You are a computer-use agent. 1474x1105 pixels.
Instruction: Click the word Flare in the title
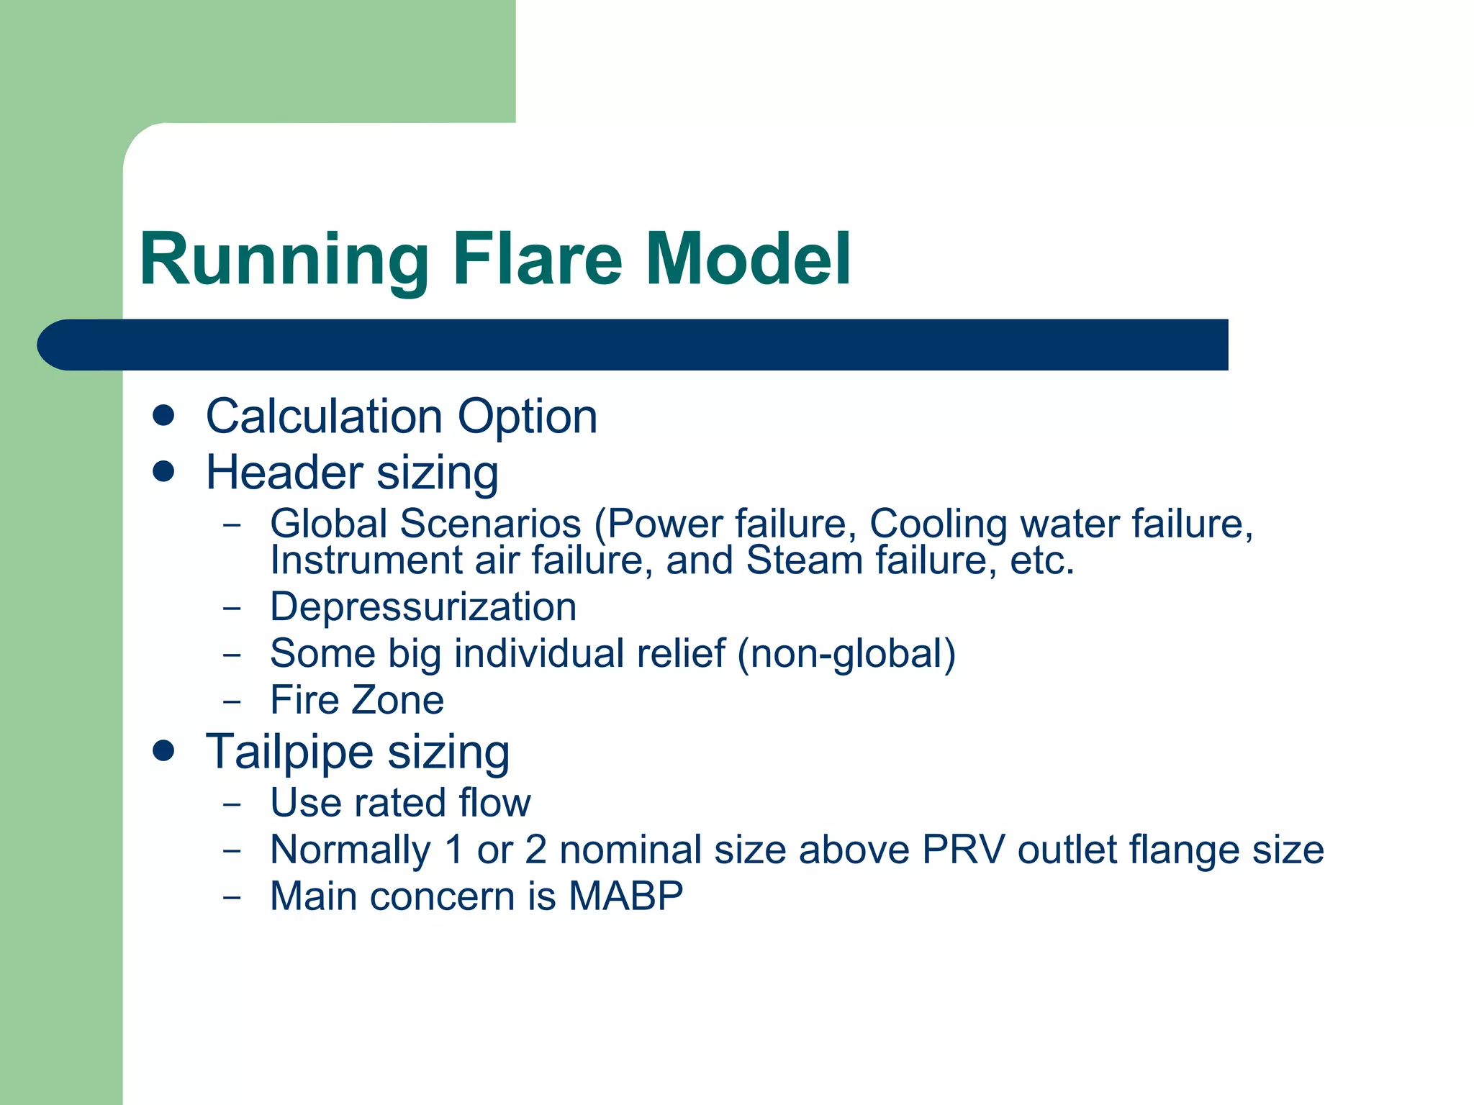click(x=536, y=259)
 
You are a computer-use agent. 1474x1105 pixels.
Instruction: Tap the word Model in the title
click(x=748, y=259)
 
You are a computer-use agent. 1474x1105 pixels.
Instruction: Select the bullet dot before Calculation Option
click(x=164, y=416)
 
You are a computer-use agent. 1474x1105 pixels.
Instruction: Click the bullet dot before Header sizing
click(x=164, y=472)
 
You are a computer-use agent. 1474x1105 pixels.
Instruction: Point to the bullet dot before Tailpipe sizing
click(x=164, y=751)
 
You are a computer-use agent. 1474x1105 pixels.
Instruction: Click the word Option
click(x=528, y=417)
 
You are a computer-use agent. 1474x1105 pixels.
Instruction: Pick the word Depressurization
click(x=423, y=607)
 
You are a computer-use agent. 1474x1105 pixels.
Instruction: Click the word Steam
click(x=804, y=560)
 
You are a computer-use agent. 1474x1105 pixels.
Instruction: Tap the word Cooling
click(x=938, y=524)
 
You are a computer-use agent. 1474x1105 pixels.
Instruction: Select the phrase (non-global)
click(x=846, y=654)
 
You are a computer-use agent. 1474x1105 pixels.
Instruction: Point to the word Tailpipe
click(x=289, y=752)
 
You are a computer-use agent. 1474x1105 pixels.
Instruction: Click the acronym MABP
click(x=625, y=896)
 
